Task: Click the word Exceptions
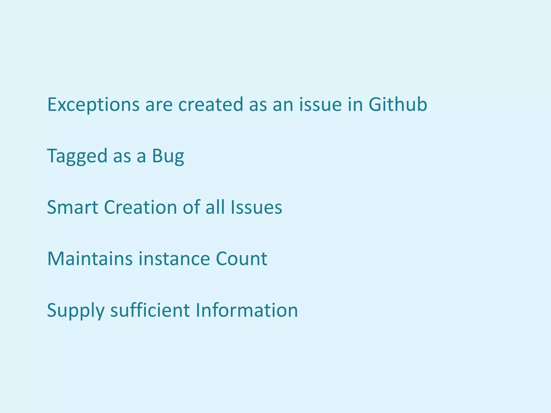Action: click(x=93, y=105)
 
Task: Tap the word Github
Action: click(x=398, y=104)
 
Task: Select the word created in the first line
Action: click(x=211, y=104)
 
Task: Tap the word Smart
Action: click(x=73, y=207)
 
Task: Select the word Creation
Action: click(x=140, y=207)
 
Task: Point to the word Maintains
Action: click(x=90, y=259)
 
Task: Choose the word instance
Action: click(x=174, y=259)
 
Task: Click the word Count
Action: click(x=241, y=259)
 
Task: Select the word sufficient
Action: click(x=150, y=310)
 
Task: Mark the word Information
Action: click(x=247, y=310)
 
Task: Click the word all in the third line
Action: click(x=215, y=207)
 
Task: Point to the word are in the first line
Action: click(x=159, y=105)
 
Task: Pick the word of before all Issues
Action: click(x=191, y=207)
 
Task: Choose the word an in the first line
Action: click(x=283, y=105)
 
